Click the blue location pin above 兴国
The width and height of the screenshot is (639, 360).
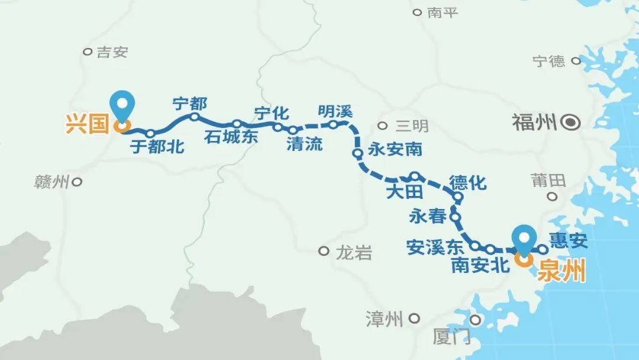(x=123, y=105)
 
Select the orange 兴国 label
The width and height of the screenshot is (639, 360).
(x=88, y=125)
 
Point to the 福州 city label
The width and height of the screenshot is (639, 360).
(x=535, y=123)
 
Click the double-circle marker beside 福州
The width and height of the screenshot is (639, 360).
(x=571, y=123)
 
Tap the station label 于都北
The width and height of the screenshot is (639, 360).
(x=157, y=147)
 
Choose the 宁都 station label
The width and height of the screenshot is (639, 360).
(x=189, y=104)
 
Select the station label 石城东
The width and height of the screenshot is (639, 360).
(x=231, y=137)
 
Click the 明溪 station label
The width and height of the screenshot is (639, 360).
(x=335, y=111)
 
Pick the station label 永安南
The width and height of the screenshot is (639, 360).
(x=395, y=149)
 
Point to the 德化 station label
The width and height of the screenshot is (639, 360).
(x=467, y=182)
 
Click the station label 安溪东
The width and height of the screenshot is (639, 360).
(x=435, y=246)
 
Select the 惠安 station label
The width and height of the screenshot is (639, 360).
(x=568, y=240)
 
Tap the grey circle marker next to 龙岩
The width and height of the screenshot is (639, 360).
(x=324, y=251)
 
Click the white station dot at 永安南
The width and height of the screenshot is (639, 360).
(x=357, y=153)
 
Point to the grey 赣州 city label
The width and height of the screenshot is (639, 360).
(x=52, y=182)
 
